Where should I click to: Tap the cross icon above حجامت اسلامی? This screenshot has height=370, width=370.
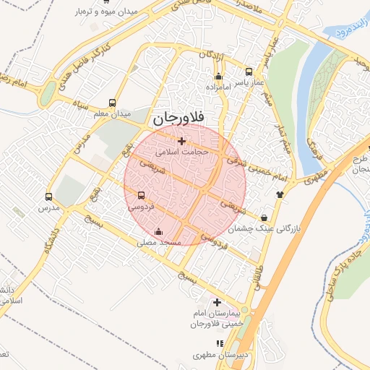point(181,141)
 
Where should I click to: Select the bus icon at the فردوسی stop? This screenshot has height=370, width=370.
point(140,195)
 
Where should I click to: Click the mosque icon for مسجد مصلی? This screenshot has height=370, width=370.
point(159,232)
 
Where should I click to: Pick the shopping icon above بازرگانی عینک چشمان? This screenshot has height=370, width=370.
point(264,218)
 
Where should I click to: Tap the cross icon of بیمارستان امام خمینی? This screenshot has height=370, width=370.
point(217,302)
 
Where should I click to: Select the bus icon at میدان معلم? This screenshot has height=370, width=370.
point(111,103)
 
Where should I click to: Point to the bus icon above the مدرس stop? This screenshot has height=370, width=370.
point(48,197)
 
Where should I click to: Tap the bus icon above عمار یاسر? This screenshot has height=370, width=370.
point(249,72)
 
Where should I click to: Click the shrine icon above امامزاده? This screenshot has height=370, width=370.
point(218,76)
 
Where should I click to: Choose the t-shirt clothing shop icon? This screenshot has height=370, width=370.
point(280,194)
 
